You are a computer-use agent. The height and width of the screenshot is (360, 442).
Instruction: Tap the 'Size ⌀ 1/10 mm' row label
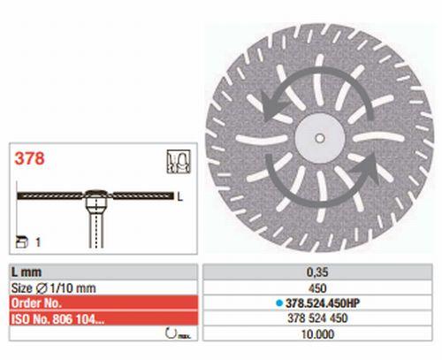point(43,287)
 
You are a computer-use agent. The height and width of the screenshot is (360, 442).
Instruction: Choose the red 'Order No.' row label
point(40,301)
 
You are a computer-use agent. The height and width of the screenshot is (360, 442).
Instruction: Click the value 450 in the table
point(322,287)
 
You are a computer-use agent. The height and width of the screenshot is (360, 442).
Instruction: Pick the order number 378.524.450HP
point(326,301)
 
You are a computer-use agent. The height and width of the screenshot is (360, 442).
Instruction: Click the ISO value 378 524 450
point(322,316)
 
